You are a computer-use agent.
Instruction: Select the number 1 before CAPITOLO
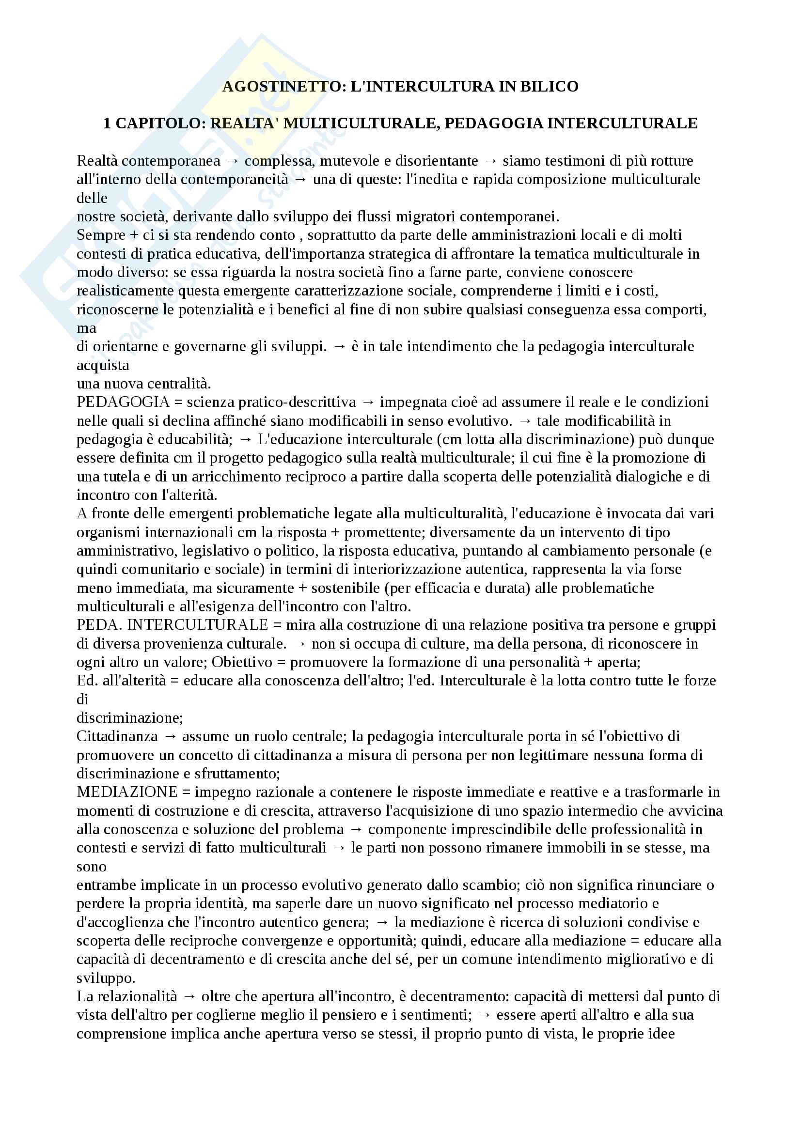tap(107, 124)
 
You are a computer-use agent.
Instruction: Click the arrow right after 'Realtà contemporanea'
tap(233, 161)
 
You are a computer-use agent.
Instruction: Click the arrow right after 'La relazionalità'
tap(189, 997)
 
